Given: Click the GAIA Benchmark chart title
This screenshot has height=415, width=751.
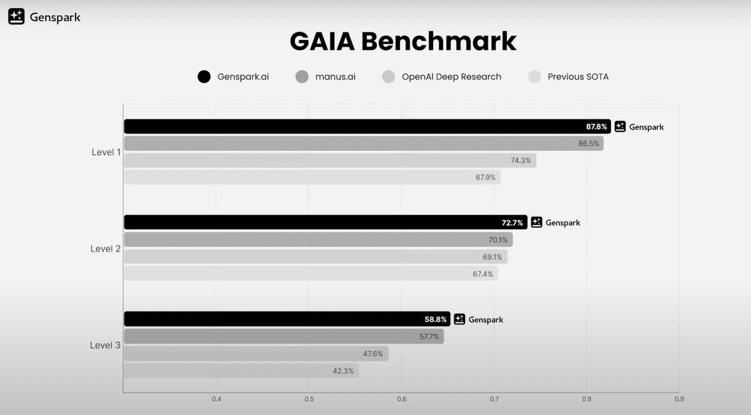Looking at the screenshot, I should coord(402,41).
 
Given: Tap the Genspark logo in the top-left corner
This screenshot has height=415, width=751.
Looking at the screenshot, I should coord(16,17).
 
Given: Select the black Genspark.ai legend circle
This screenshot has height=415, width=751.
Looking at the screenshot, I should coord(204,77).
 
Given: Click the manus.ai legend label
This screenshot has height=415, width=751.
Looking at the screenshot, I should coord(335,77).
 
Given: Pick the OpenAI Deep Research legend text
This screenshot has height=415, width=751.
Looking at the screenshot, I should coord(451,77).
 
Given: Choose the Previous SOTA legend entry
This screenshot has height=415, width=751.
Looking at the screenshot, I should coord(578,77).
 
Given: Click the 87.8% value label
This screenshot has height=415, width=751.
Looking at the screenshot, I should coord(596,126).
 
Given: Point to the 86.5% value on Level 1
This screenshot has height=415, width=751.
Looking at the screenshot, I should coord(588,143).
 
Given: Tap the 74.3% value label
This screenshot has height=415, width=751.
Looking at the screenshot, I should coord(521,160).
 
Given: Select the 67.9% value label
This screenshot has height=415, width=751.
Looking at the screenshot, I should coord(485,177).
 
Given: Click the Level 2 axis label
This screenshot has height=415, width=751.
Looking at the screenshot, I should coord(106,248).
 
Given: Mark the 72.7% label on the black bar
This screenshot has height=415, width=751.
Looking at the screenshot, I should coord(512,222).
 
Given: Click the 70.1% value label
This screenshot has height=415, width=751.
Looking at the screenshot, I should coord(498,240).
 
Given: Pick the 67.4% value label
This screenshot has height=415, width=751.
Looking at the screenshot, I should coord(483,274).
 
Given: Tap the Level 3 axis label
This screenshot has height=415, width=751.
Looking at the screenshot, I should coord(106,345).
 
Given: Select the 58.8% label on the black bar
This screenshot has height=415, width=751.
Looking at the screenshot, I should coord(436,319).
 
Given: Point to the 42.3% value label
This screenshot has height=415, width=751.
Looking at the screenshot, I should coord(343,371).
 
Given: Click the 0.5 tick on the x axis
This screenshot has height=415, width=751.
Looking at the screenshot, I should coord(309,399).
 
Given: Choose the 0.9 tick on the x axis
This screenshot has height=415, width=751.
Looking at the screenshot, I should coord(679,399).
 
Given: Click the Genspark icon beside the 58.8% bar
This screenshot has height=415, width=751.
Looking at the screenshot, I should coord(459,319).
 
